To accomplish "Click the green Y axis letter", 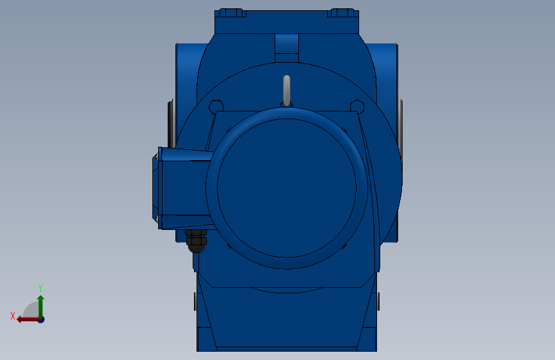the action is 40,288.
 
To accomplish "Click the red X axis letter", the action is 13,316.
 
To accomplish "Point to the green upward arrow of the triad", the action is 41,306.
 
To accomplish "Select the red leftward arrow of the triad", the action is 28,320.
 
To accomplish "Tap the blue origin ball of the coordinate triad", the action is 42,320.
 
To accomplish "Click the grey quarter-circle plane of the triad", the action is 31,309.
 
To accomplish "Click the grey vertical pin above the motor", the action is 287,90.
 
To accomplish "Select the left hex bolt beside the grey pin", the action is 216,106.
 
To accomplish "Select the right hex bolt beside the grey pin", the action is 357,106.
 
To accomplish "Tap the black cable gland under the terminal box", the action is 196,241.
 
